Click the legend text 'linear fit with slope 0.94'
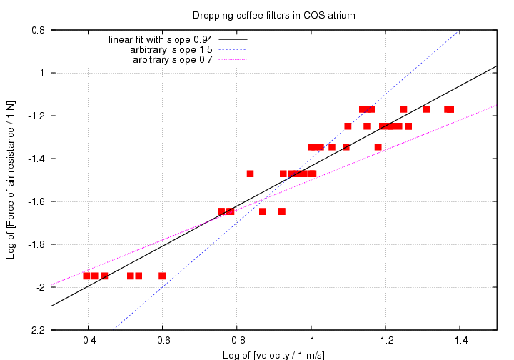(x=161, y=39)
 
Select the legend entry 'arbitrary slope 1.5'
(x=171, y=49)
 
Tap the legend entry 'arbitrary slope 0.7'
(x=173, y=59)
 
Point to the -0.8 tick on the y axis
(x=36, y=30)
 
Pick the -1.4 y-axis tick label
(x=36, y=159)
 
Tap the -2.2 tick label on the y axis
(x=36, y=330)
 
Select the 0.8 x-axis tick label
(x=238, y=341)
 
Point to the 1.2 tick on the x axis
(x=386, y=341)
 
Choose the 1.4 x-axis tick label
(x=460, y=341)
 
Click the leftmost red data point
(x=86, y=276)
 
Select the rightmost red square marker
(x=450, y=109)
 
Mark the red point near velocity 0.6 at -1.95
(x=162, y=276)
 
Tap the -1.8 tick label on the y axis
(x=36, y=244)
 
